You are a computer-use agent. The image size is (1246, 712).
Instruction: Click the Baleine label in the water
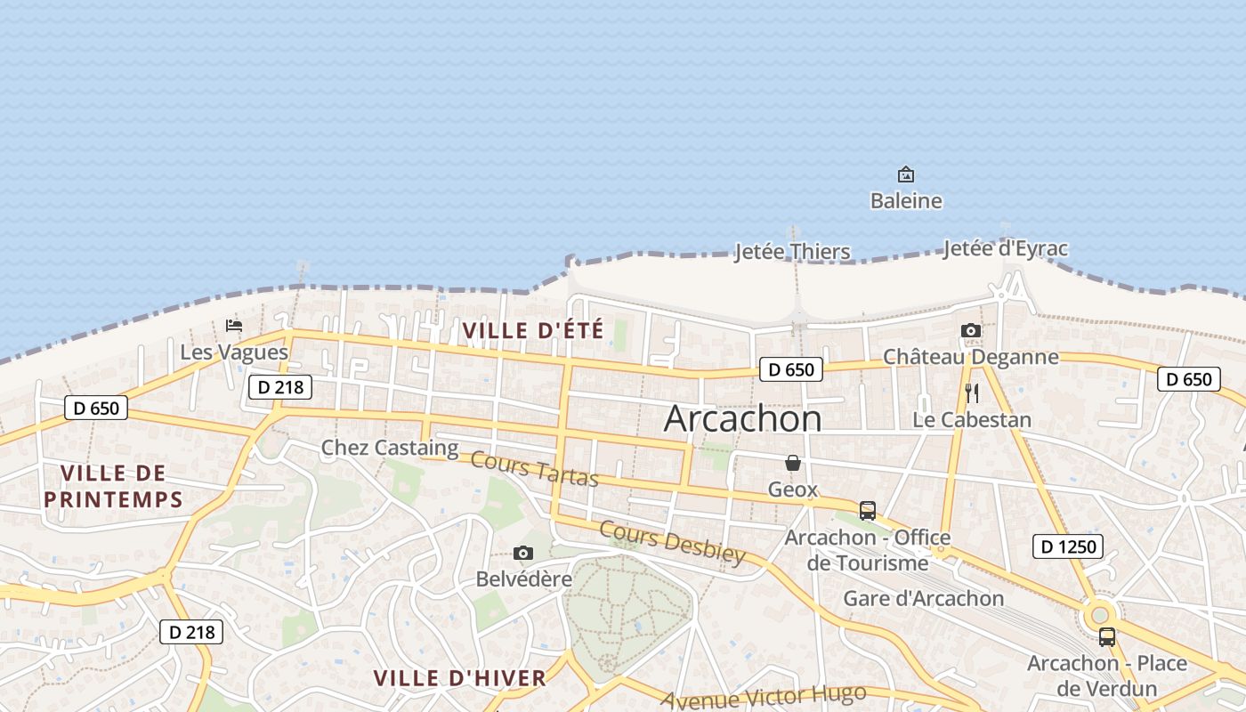point(905,201)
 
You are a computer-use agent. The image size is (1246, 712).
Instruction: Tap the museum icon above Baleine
point(905,174)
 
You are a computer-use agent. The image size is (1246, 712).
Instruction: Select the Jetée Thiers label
point(792,252)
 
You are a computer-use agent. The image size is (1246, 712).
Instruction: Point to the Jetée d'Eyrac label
point(1005,248)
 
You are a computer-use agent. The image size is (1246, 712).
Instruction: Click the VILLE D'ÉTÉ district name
point(533,330)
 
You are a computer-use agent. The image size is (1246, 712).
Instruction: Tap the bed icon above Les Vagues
point(234,325)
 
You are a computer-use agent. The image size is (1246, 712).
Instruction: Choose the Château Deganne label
point(970,357)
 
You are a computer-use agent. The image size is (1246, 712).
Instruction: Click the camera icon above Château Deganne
point(971,331)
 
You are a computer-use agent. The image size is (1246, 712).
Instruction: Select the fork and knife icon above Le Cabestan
point(971,392)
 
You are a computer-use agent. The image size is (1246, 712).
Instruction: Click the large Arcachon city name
point(743,418)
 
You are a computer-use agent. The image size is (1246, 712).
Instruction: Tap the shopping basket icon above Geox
point(793,463)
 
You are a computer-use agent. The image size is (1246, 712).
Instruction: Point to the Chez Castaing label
point(389,448)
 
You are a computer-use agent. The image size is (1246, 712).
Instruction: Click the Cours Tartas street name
point(534,469)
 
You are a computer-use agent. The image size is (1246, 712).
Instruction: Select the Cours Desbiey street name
point(672,541)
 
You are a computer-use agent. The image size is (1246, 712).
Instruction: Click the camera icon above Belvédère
point(523,554)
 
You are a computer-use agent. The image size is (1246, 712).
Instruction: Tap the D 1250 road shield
point(1068,546)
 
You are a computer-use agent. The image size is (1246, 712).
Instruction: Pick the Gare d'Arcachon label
point(923,598)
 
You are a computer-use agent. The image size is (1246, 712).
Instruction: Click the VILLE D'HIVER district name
point(459,678)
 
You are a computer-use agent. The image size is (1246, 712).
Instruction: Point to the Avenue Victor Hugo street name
point(763,697)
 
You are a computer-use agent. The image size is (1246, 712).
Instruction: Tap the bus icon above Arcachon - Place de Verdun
point(1107,637)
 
